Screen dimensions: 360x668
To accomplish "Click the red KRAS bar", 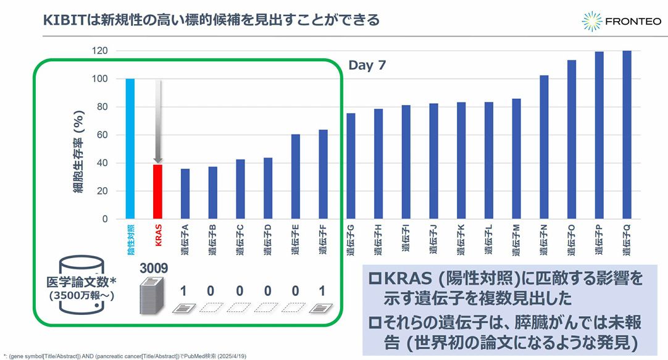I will click(x=157, y=191).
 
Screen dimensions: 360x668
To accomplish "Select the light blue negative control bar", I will click(x=130, y=148).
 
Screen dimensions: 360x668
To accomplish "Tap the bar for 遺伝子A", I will click(x=185, y=194).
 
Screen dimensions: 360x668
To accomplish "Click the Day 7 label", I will click(x=367, y=65).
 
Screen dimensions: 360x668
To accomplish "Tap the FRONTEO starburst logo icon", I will click(x=592, y=22).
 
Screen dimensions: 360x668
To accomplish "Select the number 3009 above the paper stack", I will click(x=153, y=270).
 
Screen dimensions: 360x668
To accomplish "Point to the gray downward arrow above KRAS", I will click(x=158, y=120).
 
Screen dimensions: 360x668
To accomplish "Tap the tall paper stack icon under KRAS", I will click(x=152, y=295).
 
